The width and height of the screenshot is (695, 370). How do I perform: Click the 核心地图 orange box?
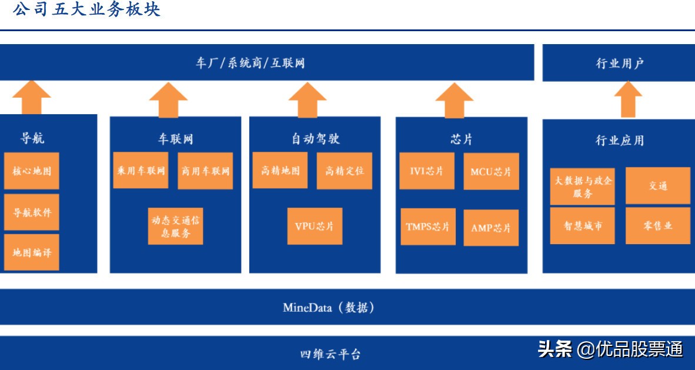click(32, 171)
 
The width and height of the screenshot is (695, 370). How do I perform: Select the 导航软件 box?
click(32, 212)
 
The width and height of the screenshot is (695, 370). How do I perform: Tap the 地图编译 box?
click(32, 252)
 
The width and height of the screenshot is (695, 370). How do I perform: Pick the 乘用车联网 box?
click(141, 171)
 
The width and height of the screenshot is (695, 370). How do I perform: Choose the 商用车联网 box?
click(205, 171)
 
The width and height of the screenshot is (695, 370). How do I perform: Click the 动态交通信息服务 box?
click(176, 225)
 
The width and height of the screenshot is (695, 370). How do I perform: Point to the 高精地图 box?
click(280, 171)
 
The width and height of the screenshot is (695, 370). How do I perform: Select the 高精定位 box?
click(345, 171)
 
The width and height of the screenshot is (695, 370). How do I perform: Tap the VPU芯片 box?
click(315, 226)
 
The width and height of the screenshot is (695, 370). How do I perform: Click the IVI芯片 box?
click(427, 171)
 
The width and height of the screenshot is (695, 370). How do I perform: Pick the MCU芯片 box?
click(491, 171)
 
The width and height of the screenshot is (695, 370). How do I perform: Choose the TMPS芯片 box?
click(427, 226)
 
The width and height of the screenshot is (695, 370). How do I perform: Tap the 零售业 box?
click(658, 225)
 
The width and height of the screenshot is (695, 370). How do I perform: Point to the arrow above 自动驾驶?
click(308, 99)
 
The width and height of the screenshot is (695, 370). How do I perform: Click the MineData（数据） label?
click(329, 307)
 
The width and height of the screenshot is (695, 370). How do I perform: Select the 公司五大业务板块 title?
click(86, 10)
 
